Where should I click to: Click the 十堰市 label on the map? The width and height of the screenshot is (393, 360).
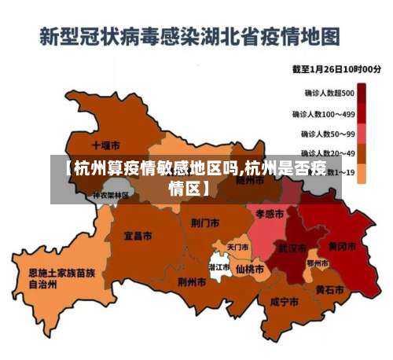click(x=105, y=145)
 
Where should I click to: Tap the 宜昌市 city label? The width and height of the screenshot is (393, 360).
click(x=138, y=235)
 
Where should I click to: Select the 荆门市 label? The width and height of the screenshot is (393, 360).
click(x=205, y=222)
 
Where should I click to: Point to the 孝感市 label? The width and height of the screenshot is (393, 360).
click(x=270, y=213)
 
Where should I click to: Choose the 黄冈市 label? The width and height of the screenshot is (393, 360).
click(x=342, y=246)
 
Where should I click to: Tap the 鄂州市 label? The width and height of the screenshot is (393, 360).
click(x=318, y=263)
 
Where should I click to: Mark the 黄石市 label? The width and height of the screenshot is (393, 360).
click(x=329, y=289)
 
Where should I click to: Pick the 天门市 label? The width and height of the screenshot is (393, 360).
click(x=237, y=247)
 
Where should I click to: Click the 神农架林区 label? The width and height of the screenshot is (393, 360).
click(x=108, y=195)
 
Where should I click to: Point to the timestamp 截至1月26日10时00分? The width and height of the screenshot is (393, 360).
click(x=337, y=69)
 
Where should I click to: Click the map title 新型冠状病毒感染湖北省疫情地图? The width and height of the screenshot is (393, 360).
click(x=190, y=35)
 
